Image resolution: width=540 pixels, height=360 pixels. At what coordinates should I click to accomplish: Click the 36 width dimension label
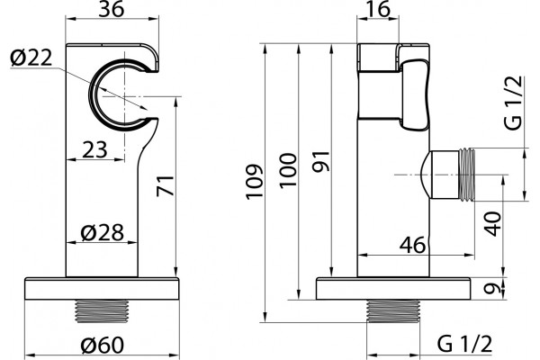click(x=111, y=9)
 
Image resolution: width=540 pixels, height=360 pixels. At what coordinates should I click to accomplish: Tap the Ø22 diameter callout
click(x=31, y=58)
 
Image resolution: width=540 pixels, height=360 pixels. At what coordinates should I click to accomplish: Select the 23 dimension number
click(x=95, y=150)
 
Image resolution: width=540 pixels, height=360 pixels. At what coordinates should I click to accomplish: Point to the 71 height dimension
click(x=165, y=185)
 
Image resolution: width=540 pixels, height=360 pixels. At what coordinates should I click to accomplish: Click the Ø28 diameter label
click(x=102, y=232)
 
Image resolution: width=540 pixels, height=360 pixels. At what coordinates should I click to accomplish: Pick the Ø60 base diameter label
click(x=102, y=345)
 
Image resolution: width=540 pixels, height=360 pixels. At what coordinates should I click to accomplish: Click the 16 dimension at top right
click(x=378, y=9)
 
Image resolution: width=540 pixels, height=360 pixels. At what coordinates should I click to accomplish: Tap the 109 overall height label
click(x=255, y=182)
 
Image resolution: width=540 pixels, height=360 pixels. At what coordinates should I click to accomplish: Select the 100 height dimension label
click(x=288, y=170)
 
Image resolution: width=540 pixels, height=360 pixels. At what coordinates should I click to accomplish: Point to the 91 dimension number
click(x=321, y=161)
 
